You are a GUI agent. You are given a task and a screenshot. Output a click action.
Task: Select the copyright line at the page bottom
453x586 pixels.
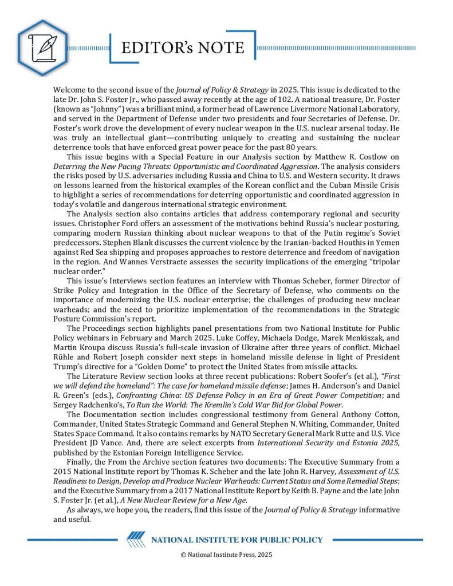click(x=226, y=555)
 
